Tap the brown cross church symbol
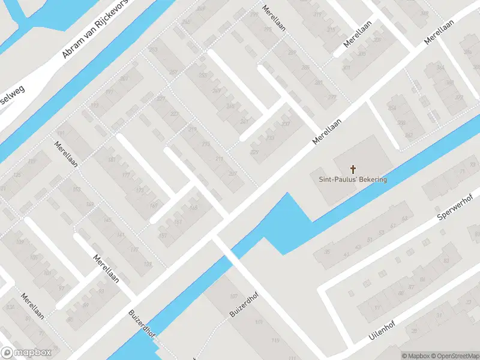click(352, 169)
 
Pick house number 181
click(111, 160)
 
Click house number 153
click(76, 190)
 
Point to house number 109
click(20, 242)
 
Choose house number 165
click(193, 208)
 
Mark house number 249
click(216, 91)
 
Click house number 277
click(332, 97)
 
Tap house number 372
click(459, 97)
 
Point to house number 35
click(327, 251)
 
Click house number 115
click(259, 322)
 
